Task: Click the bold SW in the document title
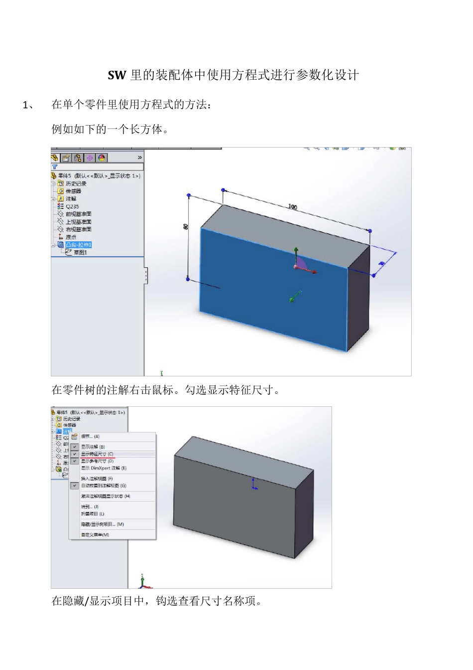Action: pos(117,75)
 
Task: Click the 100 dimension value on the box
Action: pos(292,207)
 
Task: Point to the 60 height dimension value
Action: pos(186,226)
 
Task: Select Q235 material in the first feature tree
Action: pos(72,206)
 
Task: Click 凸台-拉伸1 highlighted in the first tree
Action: pos(79,245)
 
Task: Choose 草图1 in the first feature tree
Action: pos(80,252)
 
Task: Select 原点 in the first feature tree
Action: pos(71,237)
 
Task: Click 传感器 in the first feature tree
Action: pos(73,191)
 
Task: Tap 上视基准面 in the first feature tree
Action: pos(79,222)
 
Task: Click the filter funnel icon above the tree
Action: pos(55,167)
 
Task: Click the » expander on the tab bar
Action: pos(139,158)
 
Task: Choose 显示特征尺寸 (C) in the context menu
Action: pos(97,454)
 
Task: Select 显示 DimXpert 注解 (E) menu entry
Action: pos(104,468)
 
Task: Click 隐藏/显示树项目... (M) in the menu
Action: pos(102,524)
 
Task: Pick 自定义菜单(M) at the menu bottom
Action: pos(95,535)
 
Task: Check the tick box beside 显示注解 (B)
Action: pos(75,447)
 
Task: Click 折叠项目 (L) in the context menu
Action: pos(93,514)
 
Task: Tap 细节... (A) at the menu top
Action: pos(90,437)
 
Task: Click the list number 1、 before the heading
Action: pos(28,105)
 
